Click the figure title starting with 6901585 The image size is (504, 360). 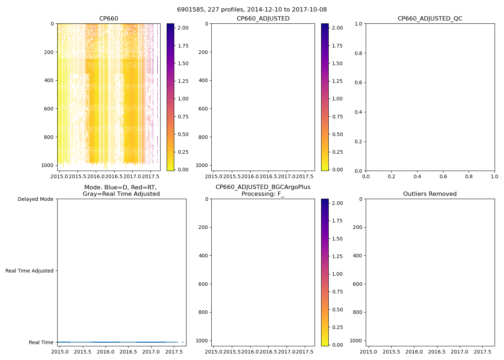tap(252, 10)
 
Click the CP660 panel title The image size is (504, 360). tap(109, 19)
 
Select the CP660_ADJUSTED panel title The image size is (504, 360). tap(263, 19)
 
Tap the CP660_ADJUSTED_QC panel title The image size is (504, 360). tap(430, 19)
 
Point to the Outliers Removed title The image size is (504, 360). tap(430, 194)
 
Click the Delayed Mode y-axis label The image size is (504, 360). tap(35, 199)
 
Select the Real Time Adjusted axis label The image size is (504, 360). tap(29, 271)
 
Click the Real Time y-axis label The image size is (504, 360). tap(41, 342)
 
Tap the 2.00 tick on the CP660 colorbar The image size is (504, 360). tap(183, 28)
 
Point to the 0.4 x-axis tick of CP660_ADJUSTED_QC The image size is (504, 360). tap(417, 177)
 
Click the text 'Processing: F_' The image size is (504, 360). tap(263, 194)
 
